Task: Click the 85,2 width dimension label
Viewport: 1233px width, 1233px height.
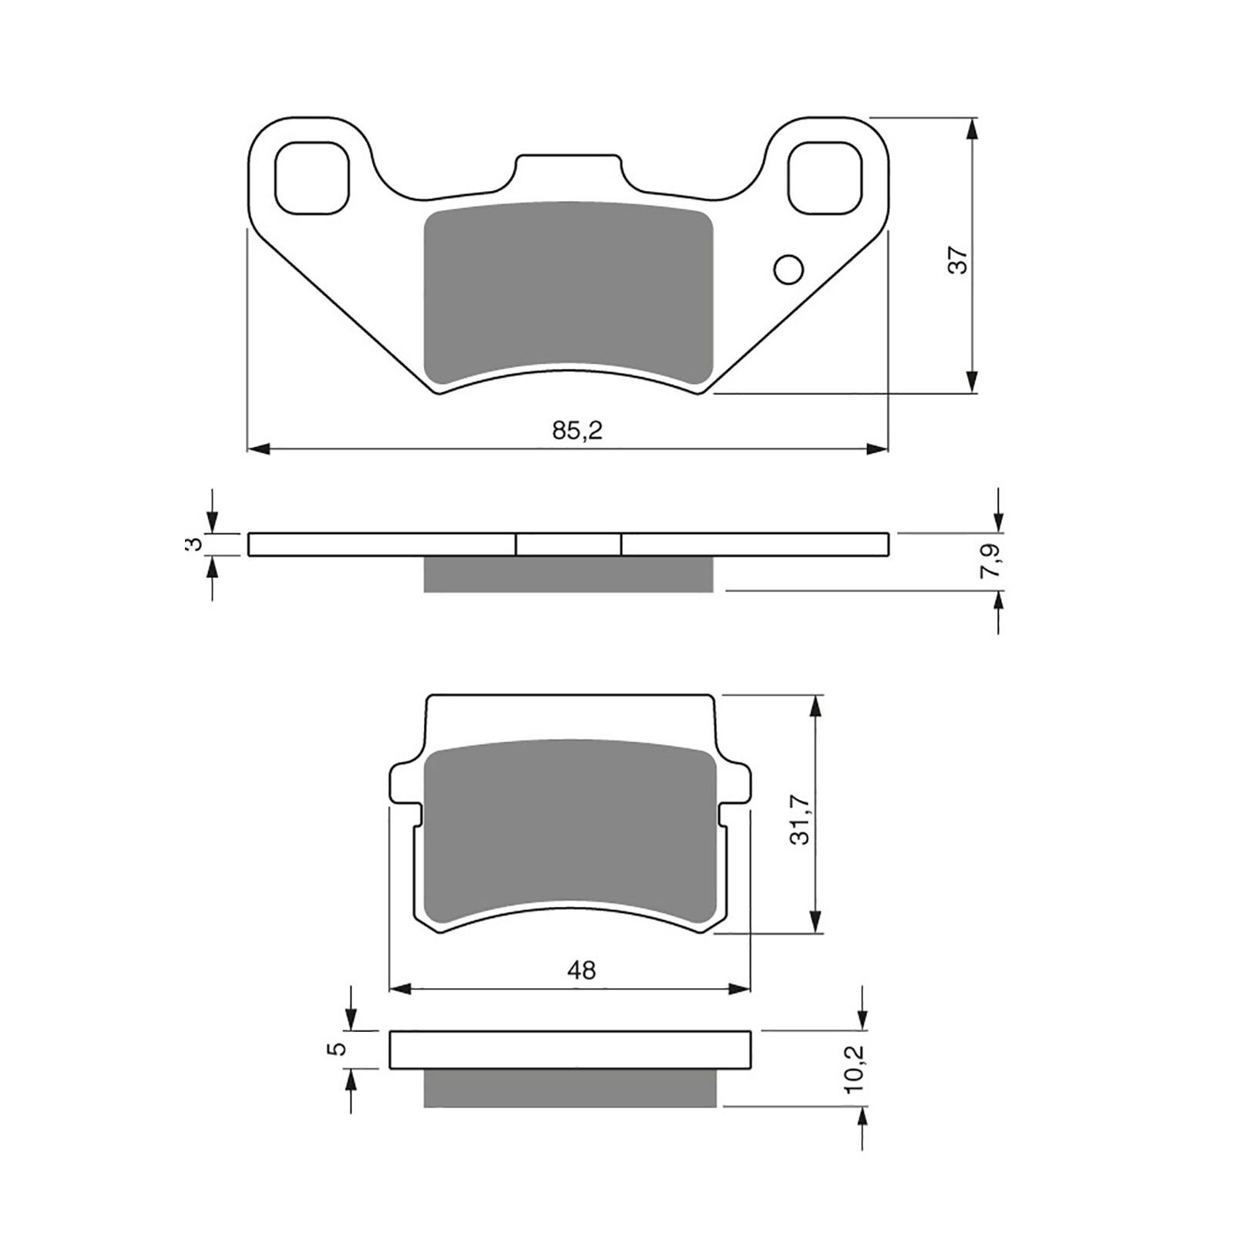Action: (x=577, y=431)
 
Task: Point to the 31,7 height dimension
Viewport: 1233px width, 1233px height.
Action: (x=804, y=822)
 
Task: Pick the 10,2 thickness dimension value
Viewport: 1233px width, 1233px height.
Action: (x=853, y=1069)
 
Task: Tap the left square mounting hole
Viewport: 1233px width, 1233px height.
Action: (x=311, y=178)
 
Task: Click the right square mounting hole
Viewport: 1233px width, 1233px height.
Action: (x=825, y=178)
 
